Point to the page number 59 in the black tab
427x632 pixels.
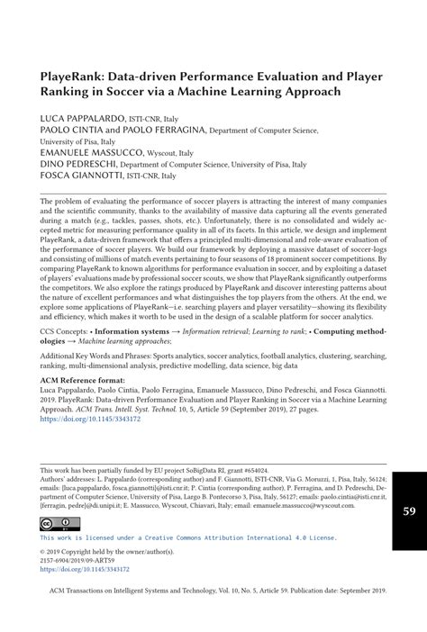(x=408, y=511)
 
